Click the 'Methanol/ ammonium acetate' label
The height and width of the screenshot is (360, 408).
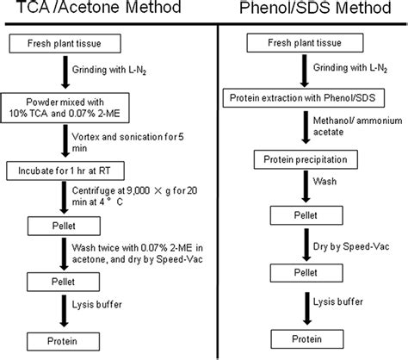click(349, 127)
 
